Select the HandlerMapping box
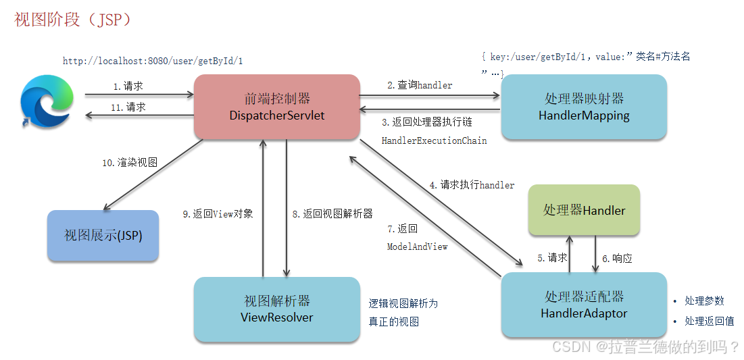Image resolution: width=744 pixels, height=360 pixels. point(584,107)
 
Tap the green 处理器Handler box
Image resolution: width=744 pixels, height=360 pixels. point(584,210)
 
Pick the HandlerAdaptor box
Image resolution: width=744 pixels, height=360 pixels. point(584,305)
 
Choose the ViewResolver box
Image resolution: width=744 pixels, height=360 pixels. point(276,309)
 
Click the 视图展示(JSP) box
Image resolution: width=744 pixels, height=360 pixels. point(103,235)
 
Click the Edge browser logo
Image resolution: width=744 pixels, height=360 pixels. point(47,101)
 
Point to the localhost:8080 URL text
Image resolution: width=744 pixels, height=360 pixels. point(153,61)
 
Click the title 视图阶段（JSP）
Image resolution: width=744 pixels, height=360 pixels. point(72,20)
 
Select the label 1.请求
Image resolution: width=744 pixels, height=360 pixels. point(128,86)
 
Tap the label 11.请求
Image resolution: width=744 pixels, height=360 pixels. point(128,107)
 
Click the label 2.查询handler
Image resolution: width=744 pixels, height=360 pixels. point(420,85)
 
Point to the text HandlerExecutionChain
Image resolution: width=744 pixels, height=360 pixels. point(434,140)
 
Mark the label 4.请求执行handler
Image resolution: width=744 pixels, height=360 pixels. point(472,184)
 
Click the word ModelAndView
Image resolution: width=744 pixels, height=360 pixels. point(417,247)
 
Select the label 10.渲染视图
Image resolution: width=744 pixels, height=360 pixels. point(130,163)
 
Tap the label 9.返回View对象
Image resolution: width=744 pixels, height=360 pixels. point(218,214)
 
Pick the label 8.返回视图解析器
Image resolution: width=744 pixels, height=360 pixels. point(332,214)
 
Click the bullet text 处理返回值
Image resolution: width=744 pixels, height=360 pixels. point(709,322)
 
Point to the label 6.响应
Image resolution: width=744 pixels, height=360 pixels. point(617,258)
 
